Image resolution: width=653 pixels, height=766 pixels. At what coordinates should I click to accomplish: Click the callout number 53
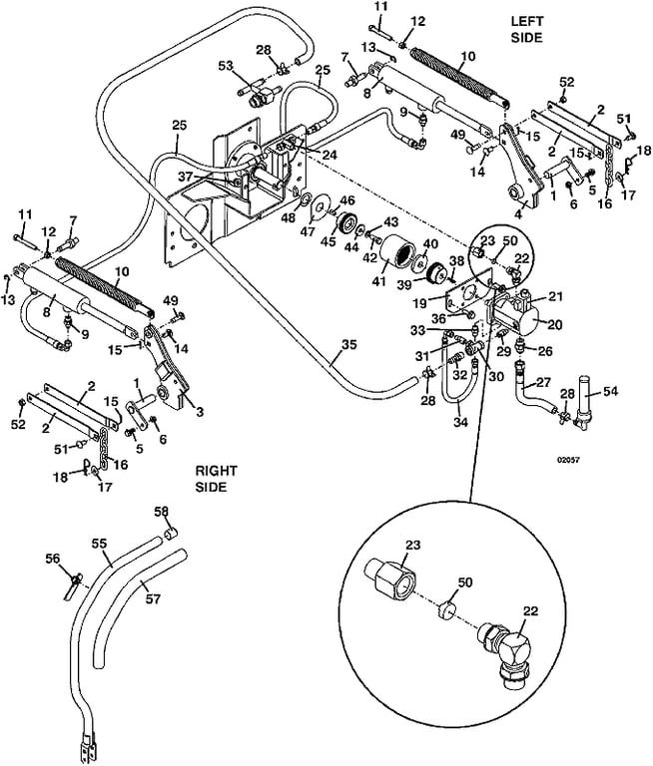(x=225, y=65)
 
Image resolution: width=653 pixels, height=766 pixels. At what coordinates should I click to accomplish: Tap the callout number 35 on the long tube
(x=347, y=345)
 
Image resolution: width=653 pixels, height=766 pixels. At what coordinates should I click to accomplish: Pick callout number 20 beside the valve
(x=556, y=324)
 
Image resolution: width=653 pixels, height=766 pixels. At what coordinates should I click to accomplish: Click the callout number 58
(x=161, y=511)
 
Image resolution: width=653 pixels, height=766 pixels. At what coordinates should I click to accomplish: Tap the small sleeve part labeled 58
(x=171, y=532)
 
